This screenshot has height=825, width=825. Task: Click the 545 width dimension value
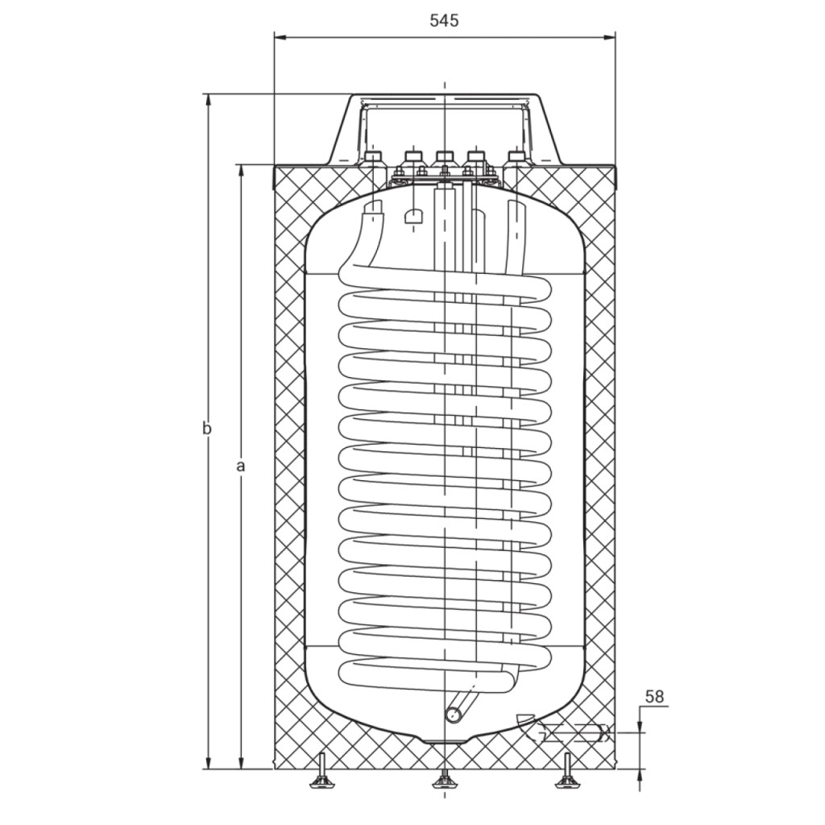pos(444,20)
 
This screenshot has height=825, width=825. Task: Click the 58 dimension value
pos(654,697)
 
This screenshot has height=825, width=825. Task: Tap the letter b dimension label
pos(207,429)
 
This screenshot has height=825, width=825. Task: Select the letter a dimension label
pos(241,466)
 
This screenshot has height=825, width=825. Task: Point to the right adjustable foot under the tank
pos(567,773)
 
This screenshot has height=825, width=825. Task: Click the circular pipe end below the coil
pos(454,715)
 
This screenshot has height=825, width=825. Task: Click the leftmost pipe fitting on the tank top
pos(373,157)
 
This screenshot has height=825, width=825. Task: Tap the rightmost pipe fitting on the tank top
pos(516,157)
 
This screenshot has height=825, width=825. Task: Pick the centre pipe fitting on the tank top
pos(445,157)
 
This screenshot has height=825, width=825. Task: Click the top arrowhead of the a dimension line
pos(242,171)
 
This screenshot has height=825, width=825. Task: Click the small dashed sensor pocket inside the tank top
pos(414,216)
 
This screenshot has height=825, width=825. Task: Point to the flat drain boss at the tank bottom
pos(445,741)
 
